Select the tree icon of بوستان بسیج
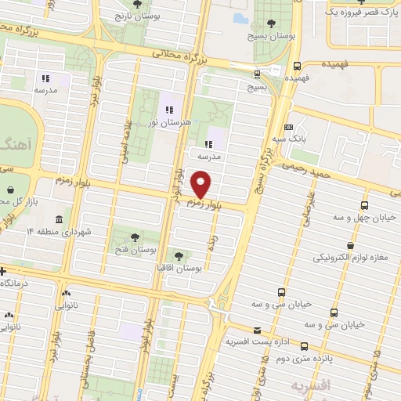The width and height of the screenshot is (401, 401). (x=271, y=23)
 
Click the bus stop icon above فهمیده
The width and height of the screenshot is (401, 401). (x=297, y=67)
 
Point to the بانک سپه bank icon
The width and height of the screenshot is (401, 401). (x=289, y=127)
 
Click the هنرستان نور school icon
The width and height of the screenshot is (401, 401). (x=168, y=109)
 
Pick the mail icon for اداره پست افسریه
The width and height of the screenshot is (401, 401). (x=258, y=331)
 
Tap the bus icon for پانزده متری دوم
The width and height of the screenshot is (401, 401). (x=303, y=346)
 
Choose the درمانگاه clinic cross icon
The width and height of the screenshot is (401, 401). (x=4, y=271)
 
